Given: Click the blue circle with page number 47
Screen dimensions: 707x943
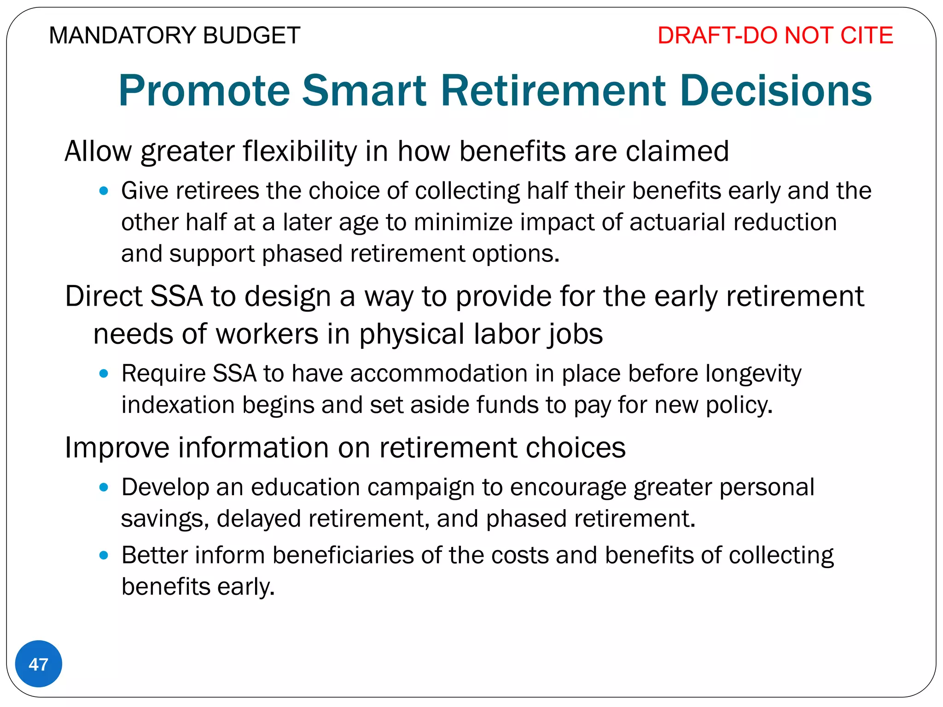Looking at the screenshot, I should (39, 664).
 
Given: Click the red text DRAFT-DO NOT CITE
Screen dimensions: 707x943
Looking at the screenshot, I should (775, 35).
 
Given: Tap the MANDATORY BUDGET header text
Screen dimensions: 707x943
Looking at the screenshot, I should (175, 35).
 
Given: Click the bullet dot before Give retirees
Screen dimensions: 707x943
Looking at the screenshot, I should (104, 191).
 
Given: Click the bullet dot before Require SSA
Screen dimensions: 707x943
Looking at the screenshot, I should (104, 373).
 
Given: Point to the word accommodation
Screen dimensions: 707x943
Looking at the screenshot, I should (439, 373).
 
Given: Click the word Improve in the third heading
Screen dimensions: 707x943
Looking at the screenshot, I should (117, 447).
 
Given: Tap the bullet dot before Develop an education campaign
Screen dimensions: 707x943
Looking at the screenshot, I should (104, 487).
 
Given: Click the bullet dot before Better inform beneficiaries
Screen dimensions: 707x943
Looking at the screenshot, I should (104, 555).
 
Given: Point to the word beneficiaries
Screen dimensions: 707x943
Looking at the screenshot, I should (343, 555).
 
